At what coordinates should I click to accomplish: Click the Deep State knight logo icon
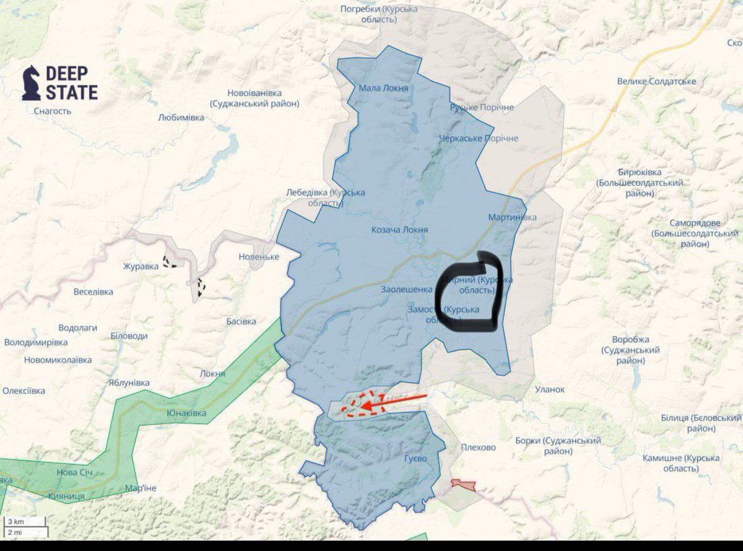click(31, 83)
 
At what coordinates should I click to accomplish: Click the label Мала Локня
click(383, 88)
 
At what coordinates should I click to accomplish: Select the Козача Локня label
click(399, 230)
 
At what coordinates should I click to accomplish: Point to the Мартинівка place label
click(512, 217)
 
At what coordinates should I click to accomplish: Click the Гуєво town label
click(415, 459)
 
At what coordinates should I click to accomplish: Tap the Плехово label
click(478, 447)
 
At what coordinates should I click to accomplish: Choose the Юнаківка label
click(187, 414)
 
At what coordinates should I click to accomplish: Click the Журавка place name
click(141, 267)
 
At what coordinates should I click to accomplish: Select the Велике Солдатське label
click(656, 82)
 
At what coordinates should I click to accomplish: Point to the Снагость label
click(53, 111)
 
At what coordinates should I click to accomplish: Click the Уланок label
click(550, 389)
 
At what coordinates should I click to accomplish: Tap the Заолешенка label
click(406, 289)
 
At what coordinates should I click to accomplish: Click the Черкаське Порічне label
click(478, 138)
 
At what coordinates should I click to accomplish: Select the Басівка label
click(241, 321)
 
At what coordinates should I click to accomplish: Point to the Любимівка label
click(181, 117)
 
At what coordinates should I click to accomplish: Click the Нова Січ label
click(76, 472)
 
